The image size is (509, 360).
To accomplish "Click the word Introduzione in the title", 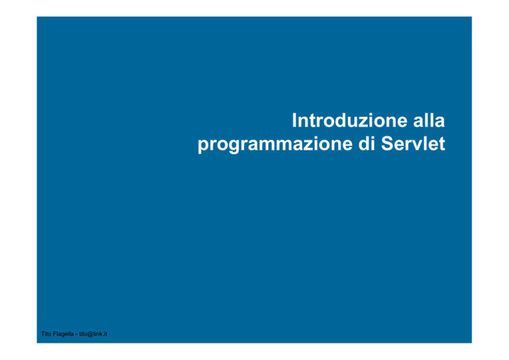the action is pos(350,121).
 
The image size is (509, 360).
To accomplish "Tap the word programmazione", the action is pos(275,145).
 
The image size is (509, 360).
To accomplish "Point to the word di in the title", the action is pos(367,143).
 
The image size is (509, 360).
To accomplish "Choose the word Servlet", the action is pos(413,143).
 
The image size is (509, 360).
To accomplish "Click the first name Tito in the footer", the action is pos(46,334).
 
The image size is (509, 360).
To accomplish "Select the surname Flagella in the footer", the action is pos(63,334).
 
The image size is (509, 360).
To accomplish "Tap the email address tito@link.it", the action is pos(93,334).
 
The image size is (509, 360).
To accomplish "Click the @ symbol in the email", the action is pos(91,334).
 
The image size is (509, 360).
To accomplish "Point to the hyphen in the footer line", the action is pos(76,335).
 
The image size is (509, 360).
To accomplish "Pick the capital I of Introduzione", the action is pos(294,121).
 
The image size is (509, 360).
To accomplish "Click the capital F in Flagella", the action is pos(54,334).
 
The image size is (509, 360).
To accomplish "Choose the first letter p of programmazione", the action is pos(203,147).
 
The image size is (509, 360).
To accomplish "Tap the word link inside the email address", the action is pos(98,334).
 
